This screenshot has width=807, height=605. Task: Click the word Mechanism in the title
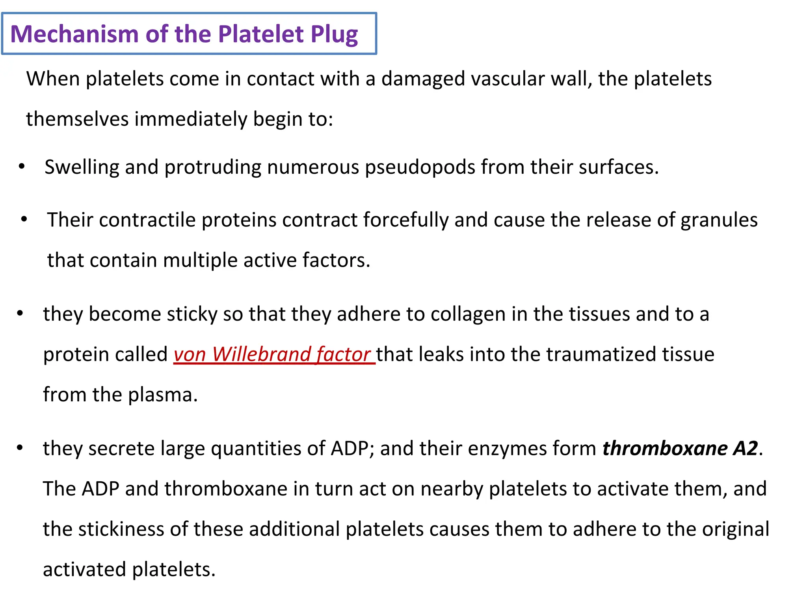(74, 34)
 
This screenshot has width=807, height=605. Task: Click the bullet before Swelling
(22, 167)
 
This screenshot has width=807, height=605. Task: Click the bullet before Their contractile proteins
(24, 219)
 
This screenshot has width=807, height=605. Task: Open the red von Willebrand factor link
(274, 354)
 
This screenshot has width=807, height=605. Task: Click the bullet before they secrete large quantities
(20, 448)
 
